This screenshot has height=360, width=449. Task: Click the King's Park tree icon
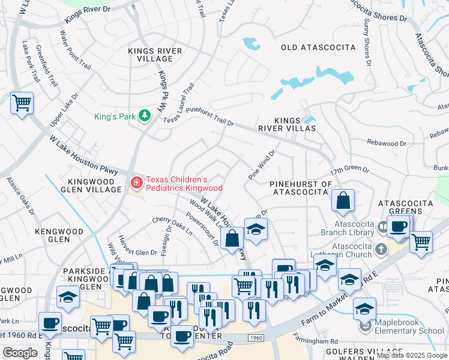144,115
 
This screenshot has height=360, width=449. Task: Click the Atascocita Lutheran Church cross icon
381,248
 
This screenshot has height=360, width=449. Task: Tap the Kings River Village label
155,56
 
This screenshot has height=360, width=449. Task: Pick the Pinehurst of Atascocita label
301,188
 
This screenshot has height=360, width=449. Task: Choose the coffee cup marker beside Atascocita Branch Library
398,226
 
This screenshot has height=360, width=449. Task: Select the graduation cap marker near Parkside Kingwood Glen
68,297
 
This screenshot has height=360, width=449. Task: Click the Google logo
20,353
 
